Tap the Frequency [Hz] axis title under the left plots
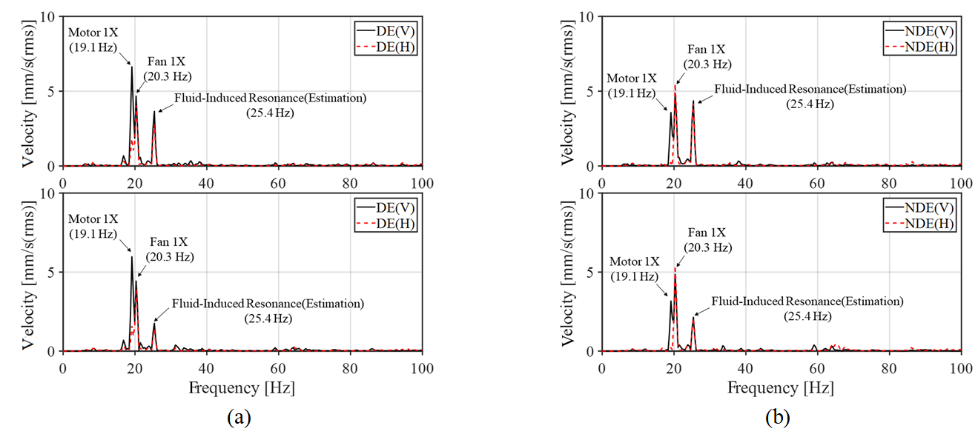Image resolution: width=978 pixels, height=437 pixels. [242, 387]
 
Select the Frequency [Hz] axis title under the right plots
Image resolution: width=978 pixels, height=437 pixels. [782, 387]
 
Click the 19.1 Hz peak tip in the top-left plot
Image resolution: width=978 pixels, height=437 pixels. [132, 67]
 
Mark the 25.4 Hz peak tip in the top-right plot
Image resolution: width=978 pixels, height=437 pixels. [693, 101]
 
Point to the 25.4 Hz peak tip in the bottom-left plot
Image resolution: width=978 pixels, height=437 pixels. [154, 323]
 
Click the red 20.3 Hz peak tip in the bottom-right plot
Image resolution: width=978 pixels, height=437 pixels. [675, 268]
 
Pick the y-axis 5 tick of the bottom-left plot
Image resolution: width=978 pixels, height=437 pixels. [51, 272]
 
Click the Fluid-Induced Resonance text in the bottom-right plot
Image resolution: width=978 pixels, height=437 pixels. [807, 301]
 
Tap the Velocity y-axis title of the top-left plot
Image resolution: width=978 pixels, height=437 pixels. [30, 91]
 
